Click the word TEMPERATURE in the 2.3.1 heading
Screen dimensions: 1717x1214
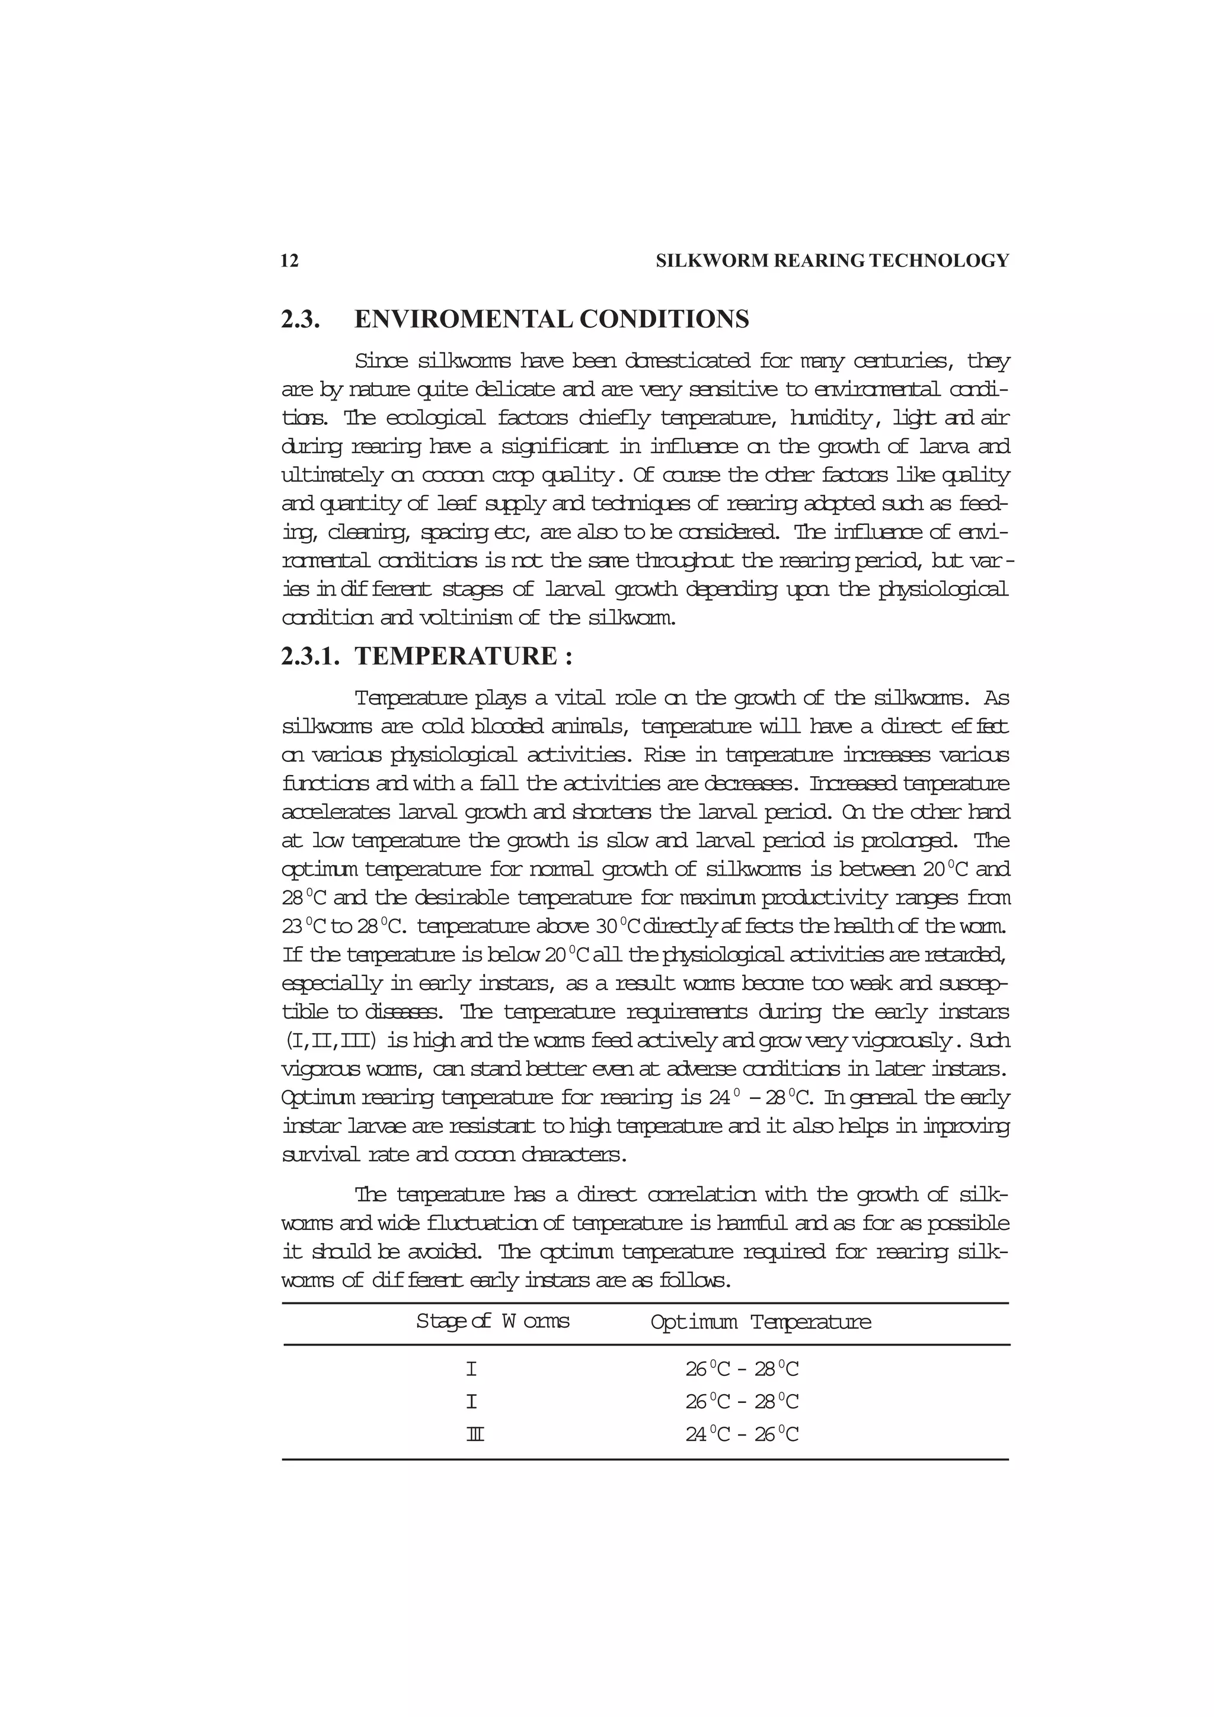(455, 656)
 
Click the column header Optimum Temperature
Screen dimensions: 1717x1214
(760, 1322)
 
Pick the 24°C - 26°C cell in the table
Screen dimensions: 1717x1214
(742, 1434)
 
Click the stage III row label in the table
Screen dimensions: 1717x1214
(474, 1434)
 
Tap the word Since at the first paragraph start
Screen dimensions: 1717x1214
(382, 362)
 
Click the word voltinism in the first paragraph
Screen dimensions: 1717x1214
(459, 619)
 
